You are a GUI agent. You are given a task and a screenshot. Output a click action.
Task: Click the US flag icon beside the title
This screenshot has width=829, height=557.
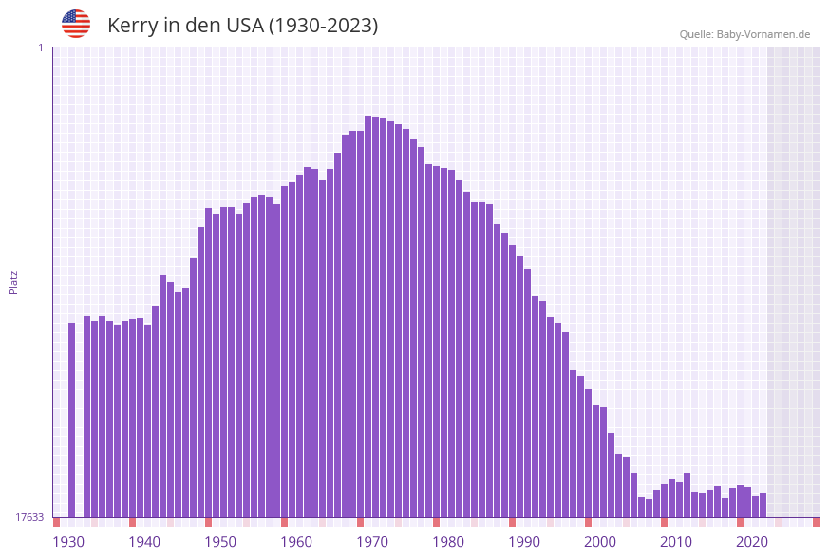click(76, 24)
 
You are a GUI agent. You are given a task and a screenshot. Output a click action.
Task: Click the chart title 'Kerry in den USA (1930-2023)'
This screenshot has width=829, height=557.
click(242, 26)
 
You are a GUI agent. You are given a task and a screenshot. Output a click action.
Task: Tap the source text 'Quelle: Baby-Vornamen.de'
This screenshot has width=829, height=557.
click(744, 34)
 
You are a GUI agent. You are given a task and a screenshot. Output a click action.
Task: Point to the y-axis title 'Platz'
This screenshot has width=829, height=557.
click(14, 282)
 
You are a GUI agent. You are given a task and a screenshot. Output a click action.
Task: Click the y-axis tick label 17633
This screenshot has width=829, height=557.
click(29, 517)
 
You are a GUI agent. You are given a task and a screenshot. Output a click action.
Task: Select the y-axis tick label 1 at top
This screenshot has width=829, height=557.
click(40, 47)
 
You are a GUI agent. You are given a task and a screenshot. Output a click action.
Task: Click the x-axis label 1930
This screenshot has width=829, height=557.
click(68, 542)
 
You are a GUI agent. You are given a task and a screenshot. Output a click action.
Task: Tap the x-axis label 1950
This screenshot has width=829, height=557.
click(220, 542)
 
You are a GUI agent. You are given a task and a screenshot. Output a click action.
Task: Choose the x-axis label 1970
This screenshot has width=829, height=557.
click(372, 542)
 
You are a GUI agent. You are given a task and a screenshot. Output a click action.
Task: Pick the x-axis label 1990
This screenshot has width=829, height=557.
click(524, 542)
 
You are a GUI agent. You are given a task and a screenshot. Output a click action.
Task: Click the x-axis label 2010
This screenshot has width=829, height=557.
click(676, 542)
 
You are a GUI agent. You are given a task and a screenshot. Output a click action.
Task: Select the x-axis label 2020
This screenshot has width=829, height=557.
click(752, 542)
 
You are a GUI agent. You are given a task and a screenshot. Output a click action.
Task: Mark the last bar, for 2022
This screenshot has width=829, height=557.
click(763, 505)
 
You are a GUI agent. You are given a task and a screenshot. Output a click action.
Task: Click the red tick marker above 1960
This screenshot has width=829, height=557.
click(284, 522)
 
